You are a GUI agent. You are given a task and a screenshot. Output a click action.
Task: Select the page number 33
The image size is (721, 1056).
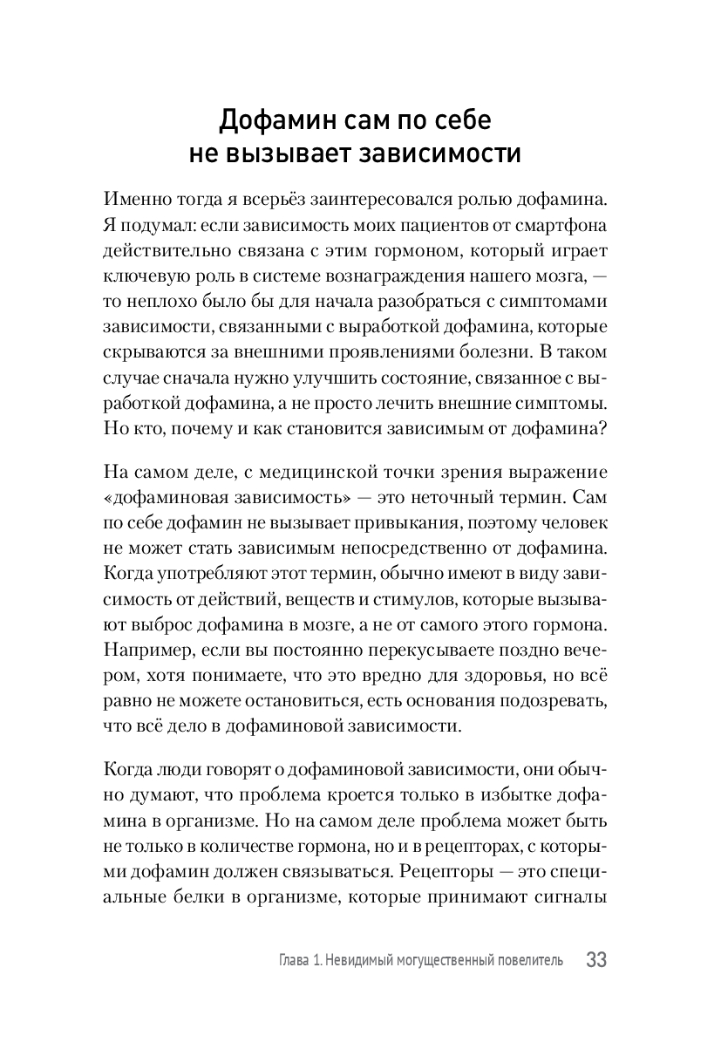596,960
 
